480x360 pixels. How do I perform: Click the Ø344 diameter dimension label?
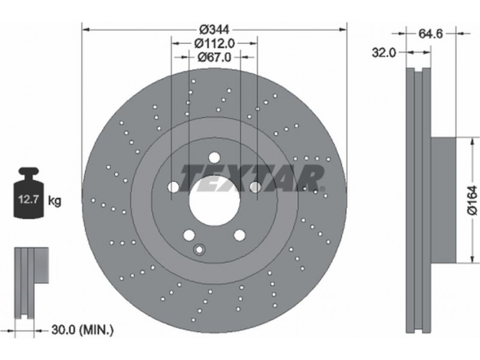214,29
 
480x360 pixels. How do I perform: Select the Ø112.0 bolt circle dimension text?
214,43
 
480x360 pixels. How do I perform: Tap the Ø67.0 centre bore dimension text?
214,57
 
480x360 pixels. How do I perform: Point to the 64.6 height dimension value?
431,34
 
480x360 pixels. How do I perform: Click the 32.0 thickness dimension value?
384,53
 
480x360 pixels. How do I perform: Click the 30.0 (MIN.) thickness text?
83,330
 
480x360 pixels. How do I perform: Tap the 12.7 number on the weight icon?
28,200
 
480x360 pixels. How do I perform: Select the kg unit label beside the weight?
55,201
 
